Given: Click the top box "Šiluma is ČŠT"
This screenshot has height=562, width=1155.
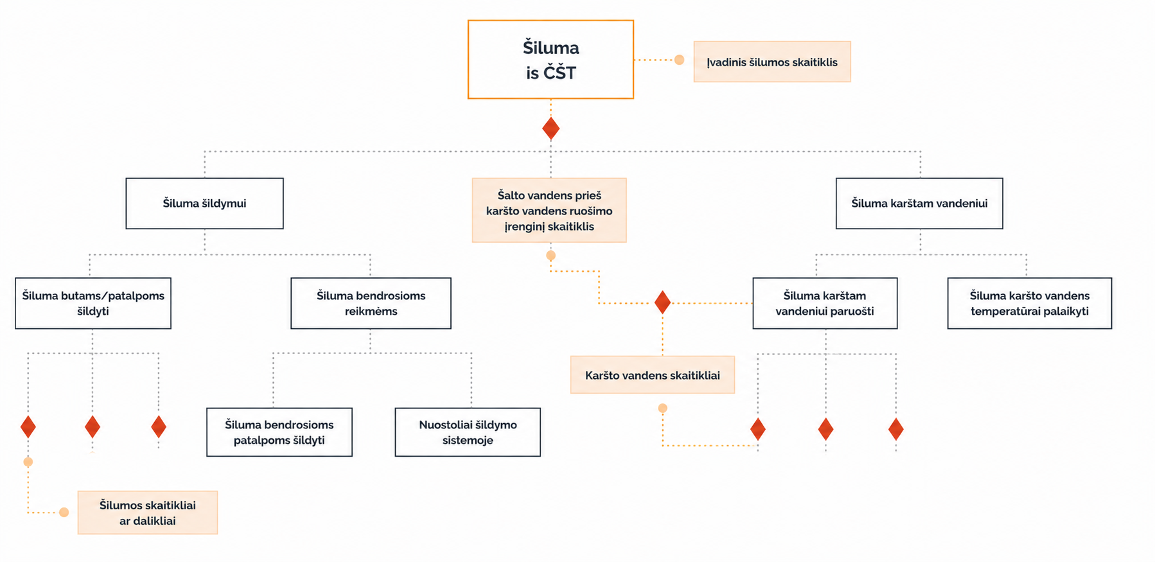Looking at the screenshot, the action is (551, 59).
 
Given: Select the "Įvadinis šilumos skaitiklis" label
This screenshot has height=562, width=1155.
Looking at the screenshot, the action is (772, 62).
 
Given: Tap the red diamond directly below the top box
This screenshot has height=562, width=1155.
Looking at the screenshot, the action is (551, 128).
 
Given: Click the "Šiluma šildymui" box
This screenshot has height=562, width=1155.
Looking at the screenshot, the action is (204, 203).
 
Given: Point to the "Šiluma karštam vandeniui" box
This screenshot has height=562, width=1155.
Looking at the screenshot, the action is (919, 203).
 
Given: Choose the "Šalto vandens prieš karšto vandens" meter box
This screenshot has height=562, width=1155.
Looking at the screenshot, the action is (549, 210).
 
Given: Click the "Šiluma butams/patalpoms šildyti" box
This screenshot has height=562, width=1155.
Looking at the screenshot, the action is (93, 303).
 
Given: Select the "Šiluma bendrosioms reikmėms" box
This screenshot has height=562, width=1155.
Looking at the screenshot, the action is (371, 303).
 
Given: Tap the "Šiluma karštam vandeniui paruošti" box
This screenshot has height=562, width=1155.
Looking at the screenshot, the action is (825, 303).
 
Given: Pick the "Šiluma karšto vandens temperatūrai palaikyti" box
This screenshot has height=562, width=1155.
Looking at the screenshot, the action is (1030, 303).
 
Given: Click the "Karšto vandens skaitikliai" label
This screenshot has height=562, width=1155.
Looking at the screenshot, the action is (653, 375).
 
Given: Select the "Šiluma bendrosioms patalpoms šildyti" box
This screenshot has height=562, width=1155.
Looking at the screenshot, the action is (279, 432).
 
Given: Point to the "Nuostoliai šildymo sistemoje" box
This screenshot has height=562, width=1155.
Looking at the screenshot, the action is (468, 432).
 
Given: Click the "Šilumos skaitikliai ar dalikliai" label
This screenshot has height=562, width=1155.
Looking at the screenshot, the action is (148, 513).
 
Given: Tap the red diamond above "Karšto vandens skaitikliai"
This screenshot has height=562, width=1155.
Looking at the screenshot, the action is (662, 303).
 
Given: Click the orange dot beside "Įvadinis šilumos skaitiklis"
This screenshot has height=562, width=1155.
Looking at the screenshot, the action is (679, 60).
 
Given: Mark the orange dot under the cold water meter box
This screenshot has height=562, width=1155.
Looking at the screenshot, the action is (551, 256).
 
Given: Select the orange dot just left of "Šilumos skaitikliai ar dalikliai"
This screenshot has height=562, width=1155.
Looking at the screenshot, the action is (64, 512).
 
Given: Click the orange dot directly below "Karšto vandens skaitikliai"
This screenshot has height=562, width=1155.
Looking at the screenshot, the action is (662, 408).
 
